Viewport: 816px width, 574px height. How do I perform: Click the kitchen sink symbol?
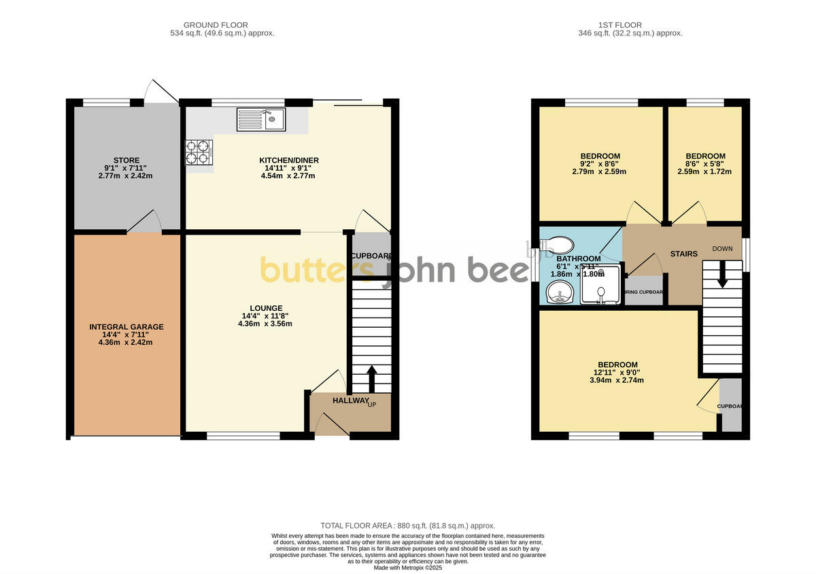click(x=262, y=120)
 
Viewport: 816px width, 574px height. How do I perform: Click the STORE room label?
click(x=127, y=161)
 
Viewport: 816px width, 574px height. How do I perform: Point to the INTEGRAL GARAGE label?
click(x=126, y=327)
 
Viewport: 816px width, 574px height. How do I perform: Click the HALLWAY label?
click(x=351, y=401)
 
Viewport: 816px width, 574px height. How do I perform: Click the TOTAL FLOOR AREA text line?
click(x=408, y=526)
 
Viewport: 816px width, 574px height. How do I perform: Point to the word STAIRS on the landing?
click(x=683, y=254)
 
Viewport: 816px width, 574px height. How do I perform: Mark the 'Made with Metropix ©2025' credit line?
click(x=408, y=567)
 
